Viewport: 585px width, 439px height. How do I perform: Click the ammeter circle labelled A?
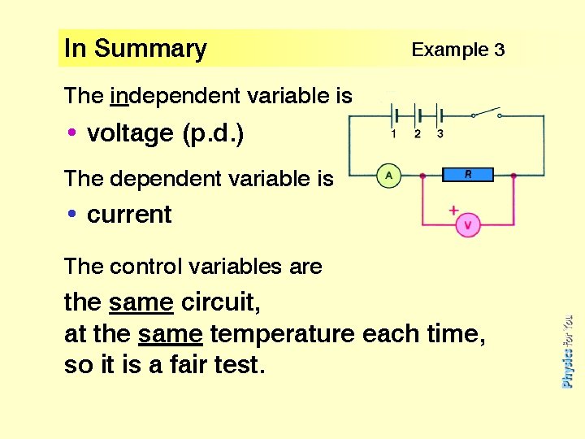(x=389, y=176)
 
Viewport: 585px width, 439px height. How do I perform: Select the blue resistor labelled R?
(x=468, y=175)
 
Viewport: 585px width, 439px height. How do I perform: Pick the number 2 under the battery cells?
(x=418, y=134)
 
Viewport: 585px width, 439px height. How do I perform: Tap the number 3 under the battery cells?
(x=440, y=134)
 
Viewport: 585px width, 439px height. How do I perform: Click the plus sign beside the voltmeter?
(x=453, y=211)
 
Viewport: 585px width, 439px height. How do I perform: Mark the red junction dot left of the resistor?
(x=422, y=175)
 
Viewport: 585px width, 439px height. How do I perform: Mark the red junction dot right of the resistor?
(x=513, y=175)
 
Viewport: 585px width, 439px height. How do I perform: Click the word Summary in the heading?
(x=150, y=49)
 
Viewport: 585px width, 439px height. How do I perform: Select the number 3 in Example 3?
(x=499, y=50)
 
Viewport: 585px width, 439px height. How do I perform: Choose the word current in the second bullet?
(x=129, y=215)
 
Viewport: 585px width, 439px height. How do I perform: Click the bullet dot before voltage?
(x=72, y=133)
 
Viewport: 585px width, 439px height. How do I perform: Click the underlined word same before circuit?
(x=141, y=303)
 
